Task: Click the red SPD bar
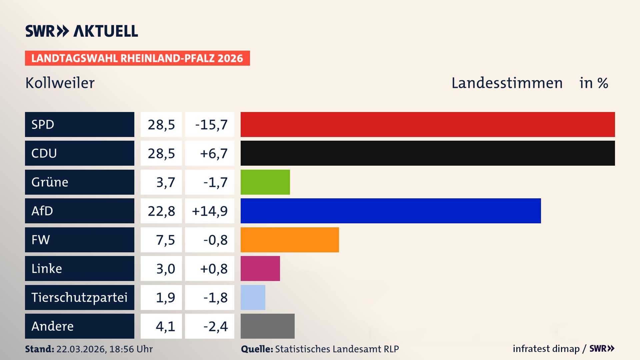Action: click(x=428, y=124)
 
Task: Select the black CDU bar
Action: click(x=428, y=153)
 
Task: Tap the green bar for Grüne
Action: click(x=265, y=182)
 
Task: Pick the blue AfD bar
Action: click(x=391, y=211)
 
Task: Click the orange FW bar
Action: click(x=290, y=240)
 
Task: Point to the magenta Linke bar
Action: click(x=260, y=268)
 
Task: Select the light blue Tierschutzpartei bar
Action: click(x=253, y=297)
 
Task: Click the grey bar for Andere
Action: click(x=267, y=326)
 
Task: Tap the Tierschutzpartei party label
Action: click(x=79, y=297)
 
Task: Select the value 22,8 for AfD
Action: click(x=161, y=211)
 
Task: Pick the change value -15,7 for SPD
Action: click(x=211, y=125)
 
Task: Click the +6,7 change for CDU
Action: click(x=213, y=153)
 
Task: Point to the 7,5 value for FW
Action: click(x=165, y=240)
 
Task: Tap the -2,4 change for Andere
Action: click(x=215, y=326)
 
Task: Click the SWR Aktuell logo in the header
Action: click(x=81, y=31)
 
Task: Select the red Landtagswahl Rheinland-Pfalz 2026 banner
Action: click(x=137, y=58)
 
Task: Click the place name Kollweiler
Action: click(x=60, y=83)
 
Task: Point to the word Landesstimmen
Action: click(x=507, y=83)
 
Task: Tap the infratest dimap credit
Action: click(x=546, y=349)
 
